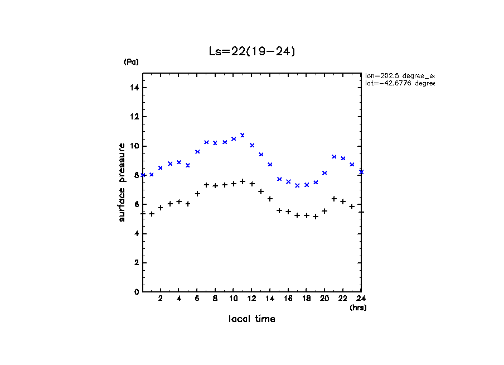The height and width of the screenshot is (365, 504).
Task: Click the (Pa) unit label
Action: pyautogui.click(x=131, y=62)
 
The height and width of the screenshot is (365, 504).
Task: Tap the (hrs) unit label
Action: pyautogui.click(x=358, y=308)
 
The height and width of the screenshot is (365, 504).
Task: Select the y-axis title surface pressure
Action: pyautogui.click(x=122, y=182)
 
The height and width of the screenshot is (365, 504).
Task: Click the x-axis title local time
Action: pyautogui.click(x=251, y=319)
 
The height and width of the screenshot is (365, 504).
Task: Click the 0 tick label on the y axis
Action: pyautogui.click(x=137, y=292)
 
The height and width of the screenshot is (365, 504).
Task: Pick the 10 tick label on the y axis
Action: pyautogui.click(x=135, y=146)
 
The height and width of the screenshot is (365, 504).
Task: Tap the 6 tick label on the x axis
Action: pyautogui.click(x=197, y=299)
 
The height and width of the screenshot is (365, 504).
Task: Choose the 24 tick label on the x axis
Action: pyautogui.click(x=361, y=299)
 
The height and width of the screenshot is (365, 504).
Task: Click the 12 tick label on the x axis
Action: pyautogui.click(x=251, y=299)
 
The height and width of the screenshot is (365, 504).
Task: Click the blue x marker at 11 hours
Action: pyautogui.click(x=243, y=135)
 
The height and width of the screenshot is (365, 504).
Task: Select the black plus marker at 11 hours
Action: pyautogui.click(x=243, y=181)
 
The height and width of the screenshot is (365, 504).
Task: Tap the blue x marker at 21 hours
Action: pyautogui.click(x=334, y=157)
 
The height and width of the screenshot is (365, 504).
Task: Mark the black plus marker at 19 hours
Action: pyautogui.click(x=316, y=217)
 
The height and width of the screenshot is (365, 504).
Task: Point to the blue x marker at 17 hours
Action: pyautogui.click(x=297, y=185)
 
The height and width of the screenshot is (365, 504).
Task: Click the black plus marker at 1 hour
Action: pyautogui.click(x=152, y=214)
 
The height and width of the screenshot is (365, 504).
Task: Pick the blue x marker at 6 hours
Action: pyautogui.click(x=197, y=152)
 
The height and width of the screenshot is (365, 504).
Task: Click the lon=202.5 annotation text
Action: pyautogui.click(x=399, y=75)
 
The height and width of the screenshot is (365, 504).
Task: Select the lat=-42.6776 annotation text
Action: pyautogui.click(x=399, y=83)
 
